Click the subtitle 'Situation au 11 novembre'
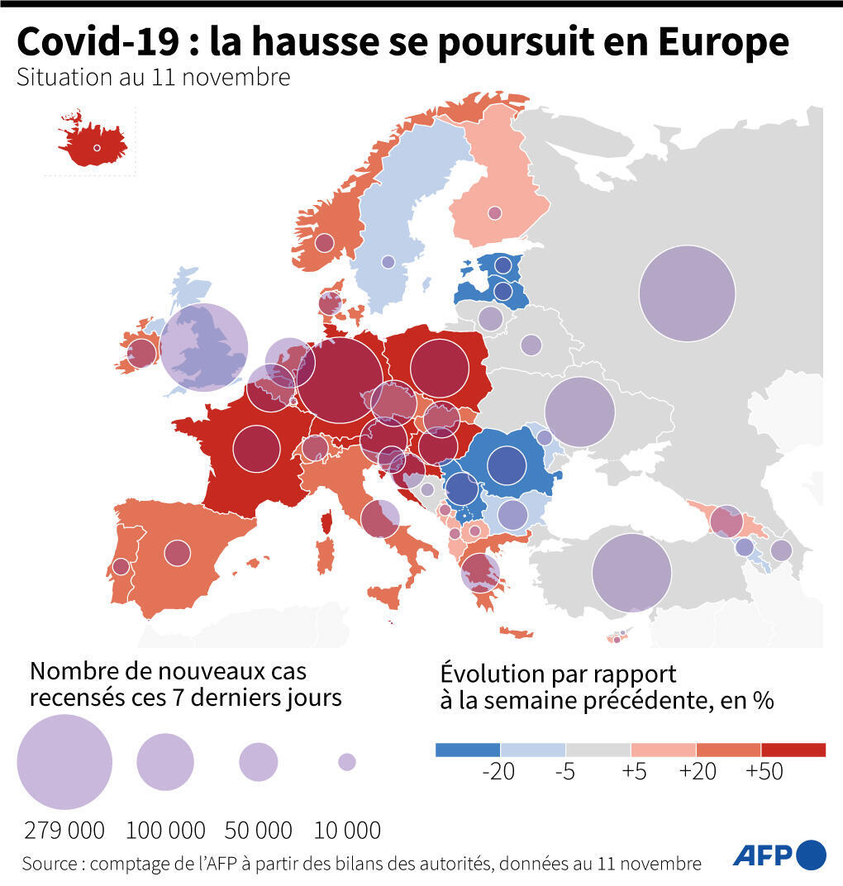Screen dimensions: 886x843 pos(153,78)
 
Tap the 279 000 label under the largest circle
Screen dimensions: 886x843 pos(64,830)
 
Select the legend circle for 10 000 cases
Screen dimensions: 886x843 pos(347,761)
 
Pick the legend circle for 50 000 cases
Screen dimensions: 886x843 pos(259,762)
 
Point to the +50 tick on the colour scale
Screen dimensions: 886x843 pos(764,771)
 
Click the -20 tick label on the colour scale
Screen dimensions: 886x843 pos(498,771)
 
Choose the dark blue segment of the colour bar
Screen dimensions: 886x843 pos(467,750)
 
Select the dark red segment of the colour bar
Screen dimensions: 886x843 pos(793,750)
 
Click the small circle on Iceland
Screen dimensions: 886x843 pos(97,149)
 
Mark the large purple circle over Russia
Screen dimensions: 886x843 pos(687,293)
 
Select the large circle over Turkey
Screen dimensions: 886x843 pos(631,572)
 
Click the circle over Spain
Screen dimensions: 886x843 pos(177,552)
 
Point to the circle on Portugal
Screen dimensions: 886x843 pos(121,567)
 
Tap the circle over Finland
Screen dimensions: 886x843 pos(494,213)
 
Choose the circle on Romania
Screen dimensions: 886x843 pos(507,465)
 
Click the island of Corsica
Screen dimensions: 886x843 pos(326,522)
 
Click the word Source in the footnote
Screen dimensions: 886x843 pos(49,864)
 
